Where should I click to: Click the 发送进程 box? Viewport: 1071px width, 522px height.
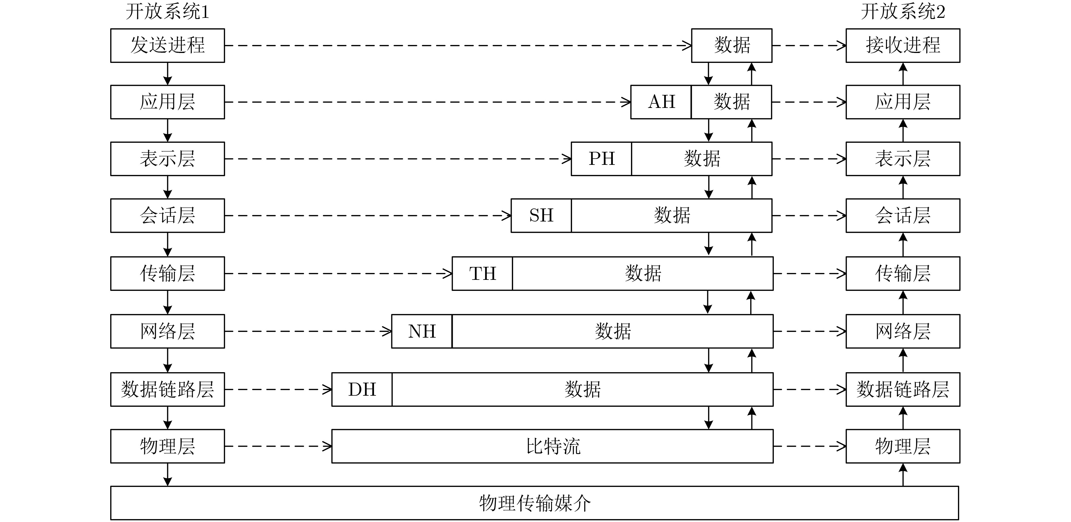tap(167, 45)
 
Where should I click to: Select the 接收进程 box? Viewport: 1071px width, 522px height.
tap(903, 45)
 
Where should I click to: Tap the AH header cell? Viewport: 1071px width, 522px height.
tap(661, 102)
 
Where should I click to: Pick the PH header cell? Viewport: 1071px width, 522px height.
tap(602, 159)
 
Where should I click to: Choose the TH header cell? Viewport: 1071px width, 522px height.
tap(482, 274)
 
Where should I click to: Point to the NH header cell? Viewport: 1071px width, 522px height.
tap(422, 331)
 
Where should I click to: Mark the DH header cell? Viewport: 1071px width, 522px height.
tap(362, 389)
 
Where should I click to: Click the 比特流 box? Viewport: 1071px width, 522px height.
tap(552, 446)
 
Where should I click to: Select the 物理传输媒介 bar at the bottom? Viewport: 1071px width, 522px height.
tap(535, 503)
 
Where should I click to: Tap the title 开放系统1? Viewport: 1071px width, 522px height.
tap(167, 11)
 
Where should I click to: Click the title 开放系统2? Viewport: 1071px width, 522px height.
tap(903, 11)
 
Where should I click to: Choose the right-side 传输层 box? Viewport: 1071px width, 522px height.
tap(903, 274)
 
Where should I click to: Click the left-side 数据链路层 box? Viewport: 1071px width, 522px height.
tap(167, 389)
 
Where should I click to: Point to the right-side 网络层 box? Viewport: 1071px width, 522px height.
tap(903, 331)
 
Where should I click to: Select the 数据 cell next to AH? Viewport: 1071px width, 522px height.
tap(731, 102)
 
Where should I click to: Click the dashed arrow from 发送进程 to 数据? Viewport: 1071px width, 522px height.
tap(458, 46)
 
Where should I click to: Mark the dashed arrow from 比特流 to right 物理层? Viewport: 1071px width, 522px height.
tap(810, 447)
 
